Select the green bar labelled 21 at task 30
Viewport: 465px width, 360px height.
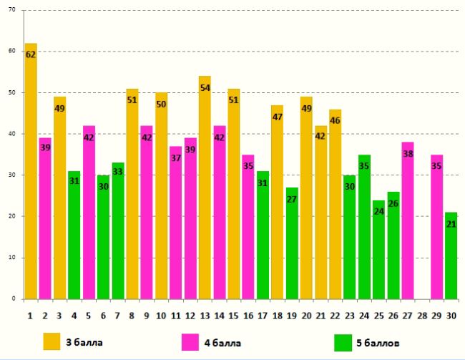click(x=451, y=265)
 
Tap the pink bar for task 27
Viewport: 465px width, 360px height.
click(x=407, y=229)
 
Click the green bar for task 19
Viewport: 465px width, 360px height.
click(x=292, y=250)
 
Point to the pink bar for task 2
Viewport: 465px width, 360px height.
click(x=45, y=229)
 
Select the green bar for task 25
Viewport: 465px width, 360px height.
click(x=378, y=258)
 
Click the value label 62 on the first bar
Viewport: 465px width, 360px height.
click(x=31, y=54)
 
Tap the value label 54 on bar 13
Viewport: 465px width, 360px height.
click(x=205, y=87)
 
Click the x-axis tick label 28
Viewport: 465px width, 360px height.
click(x=421, y=314)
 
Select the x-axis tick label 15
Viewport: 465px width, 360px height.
click(x=233, y=314)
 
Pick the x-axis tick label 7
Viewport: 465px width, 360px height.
click(x=117, y=314)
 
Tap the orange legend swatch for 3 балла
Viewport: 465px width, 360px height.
click(x=52, y=341)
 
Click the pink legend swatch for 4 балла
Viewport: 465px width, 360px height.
click(x=191, y=341)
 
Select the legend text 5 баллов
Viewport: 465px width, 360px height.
click(x=378, y=342)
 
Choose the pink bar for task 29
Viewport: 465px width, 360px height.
click(x=436, y=236)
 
